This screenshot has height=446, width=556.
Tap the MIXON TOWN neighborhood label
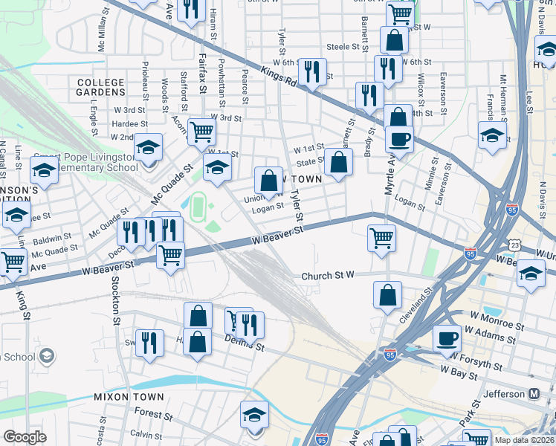pyautogui.click(x=123, y=398)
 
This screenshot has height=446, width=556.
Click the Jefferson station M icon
pyautogui.click(x=534, y=393)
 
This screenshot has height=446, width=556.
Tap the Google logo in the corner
pyautogui.click(x=25, y=437)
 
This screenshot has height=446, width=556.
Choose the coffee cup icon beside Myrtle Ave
pyautogui.click(x=399, y=139)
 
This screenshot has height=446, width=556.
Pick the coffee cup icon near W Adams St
pyautogui.click(x=447, y=338)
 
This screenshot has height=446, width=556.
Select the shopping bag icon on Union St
pyautogui.click(x=268, y=180)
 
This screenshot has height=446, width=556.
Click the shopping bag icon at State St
pyautogui.click(x=338, y=162)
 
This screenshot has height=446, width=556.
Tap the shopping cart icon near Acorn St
pyautogui.click(x=201, y=132)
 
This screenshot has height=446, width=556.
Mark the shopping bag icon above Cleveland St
pyautogui.click(x=387, y=294)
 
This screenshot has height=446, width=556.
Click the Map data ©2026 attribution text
pyautogui.click(x=523, y=439)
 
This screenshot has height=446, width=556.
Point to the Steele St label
pyautogui.click(x=343, y=46)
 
